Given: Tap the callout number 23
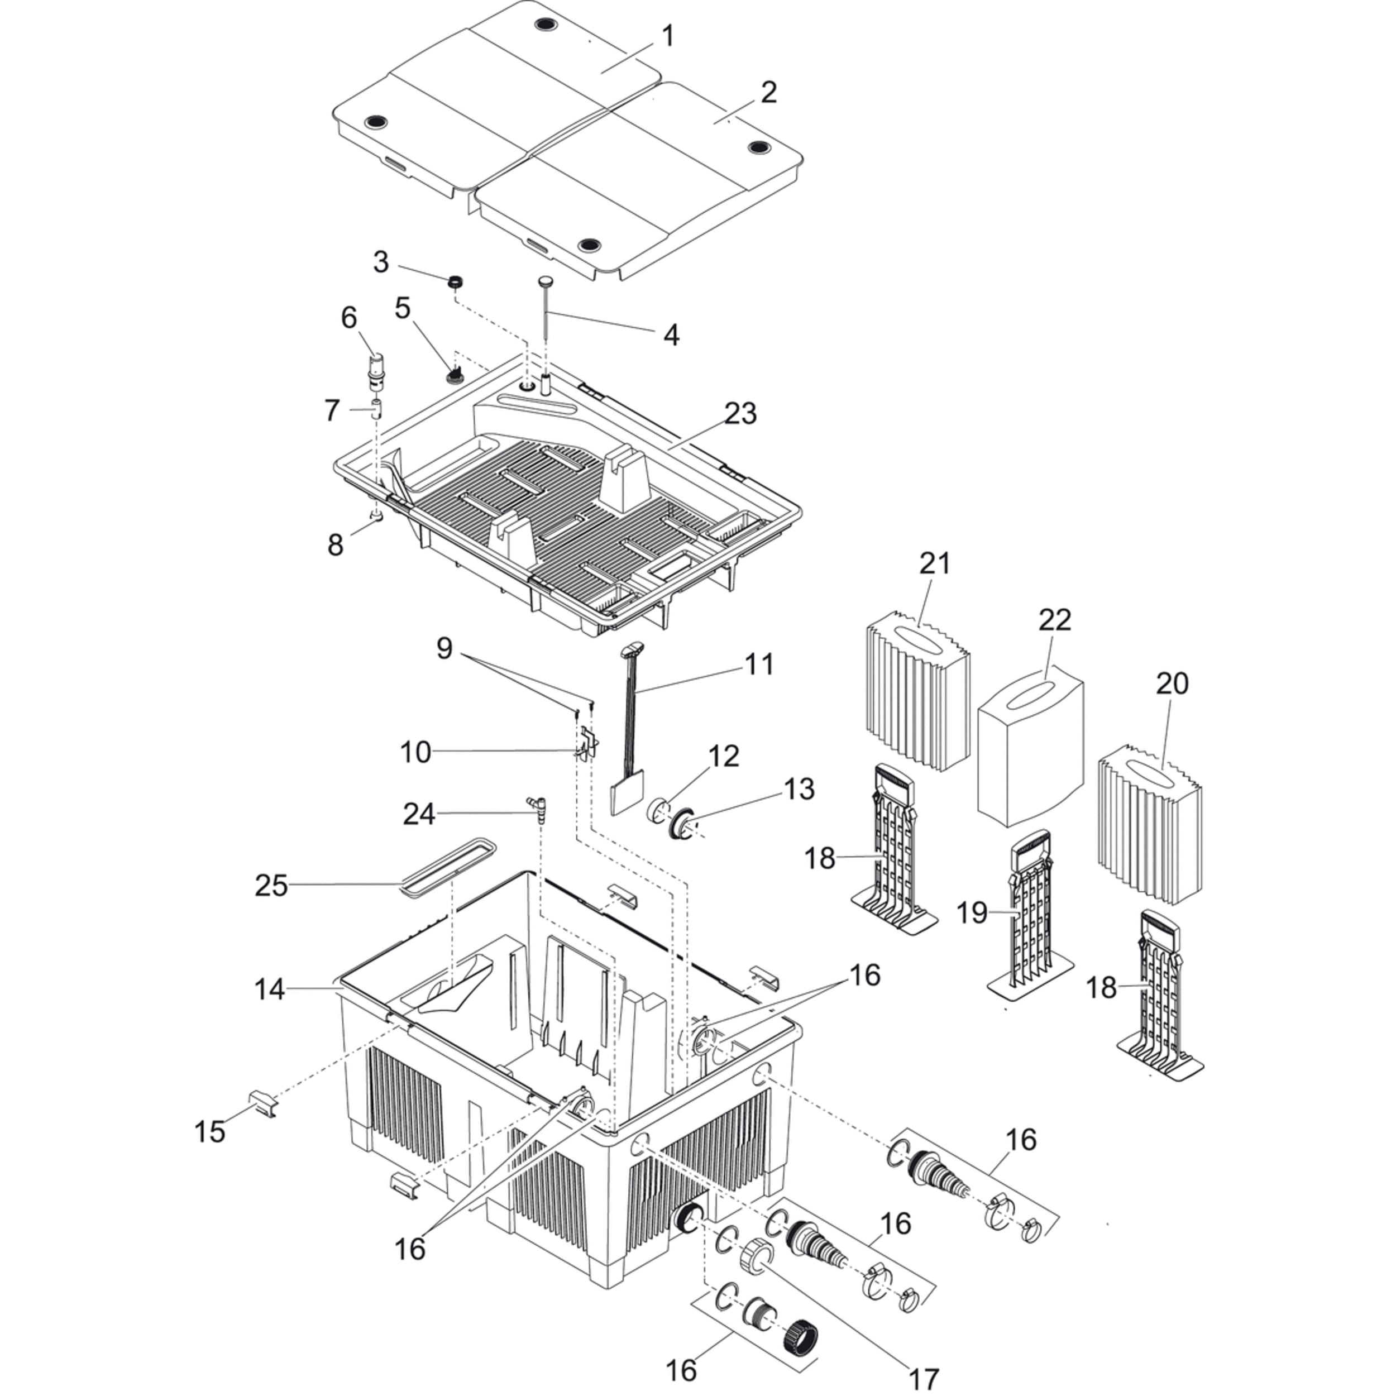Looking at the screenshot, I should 740,413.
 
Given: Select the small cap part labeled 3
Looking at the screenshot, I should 455,282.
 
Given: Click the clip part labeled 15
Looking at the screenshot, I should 263,1106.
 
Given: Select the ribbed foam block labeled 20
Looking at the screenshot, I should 1149,824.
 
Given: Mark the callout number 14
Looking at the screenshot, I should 270,990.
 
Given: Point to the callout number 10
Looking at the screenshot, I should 415,752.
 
